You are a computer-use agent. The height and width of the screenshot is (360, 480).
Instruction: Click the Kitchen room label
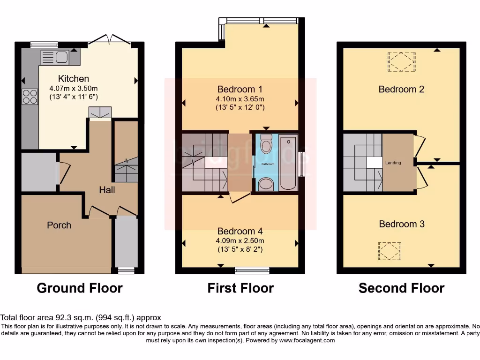(73, 78)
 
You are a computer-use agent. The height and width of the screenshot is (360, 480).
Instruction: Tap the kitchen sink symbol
(55, 57)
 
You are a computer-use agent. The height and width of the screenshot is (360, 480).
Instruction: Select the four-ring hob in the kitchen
(30, 97)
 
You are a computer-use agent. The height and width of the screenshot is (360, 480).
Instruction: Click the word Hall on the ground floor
(107, 190)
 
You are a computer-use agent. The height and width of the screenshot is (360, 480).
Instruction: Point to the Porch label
(59, 225)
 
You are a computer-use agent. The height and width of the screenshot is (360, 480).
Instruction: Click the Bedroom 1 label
(240, 89)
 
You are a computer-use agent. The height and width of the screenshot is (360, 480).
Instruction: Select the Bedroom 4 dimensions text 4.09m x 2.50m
(240, 241)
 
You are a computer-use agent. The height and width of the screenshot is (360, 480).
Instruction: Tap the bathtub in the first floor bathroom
(287, 163)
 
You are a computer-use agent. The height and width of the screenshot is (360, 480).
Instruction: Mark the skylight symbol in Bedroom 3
(390, 251)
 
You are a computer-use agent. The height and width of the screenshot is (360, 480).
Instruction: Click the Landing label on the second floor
(393, 163)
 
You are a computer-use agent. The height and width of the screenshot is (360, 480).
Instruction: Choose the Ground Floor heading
(80, 288)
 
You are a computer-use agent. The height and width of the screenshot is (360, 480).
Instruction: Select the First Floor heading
(240, 288)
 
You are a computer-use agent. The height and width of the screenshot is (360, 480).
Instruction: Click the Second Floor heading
(401, 288)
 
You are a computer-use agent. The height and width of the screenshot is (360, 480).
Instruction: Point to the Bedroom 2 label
(402, 89)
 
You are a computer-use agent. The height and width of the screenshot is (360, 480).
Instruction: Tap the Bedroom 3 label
(402, 224)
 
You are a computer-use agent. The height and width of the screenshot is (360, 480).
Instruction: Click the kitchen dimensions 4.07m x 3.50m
(73, 88)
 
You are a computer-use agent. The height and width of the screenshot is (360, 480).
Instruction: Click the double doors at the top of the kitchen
(109, 40)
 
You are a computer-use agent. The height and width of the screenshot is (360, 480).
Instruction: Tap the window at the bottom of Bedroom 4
(252, 270)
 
